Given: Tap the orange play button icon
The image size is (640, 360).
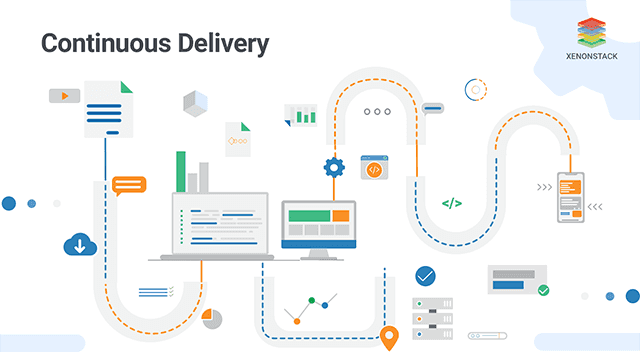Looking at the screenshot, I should coord(64,96).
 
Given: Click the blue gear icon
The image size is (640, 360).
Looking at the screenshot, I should coord(333,166).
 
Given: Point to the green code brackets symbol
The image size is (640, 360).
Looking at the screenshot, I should coord(452,203).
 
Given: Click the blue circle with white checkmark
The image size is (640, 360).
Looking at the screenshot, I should coord(426,275).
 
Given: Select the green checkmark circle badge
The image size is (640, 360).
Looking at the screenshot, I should coord(543,290).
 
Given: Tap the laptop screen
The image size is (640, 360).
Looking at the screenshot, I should coord(219,223).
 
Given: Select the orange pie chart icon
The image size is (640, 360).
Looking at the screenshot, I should coord(212,317).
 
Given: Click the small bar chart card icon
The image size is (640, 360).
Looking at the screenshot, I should coord(300,115).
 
